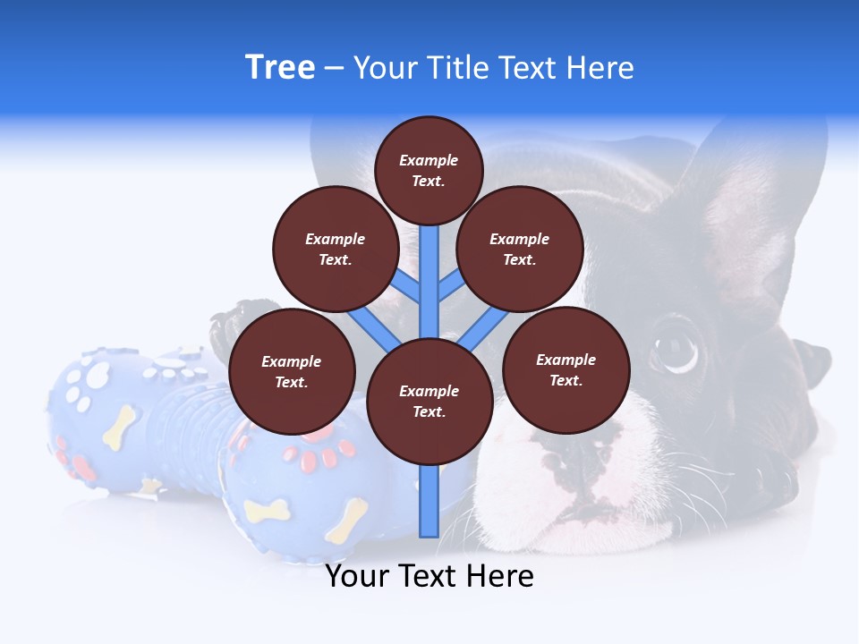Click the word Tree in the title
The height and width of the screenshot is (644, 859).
pos(280,68)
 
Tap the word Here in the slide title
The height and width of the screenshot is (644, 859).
pos(600,68)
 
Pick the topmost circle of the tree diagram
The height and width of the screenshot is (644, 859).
pos(429,170)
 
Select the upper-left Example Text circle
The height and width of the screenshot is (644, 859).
pos(336,249)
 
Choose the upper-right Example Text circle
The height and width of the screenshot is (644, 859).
pos(520,249)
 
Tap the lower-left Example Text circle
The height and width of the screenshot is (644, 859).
pos(292,372)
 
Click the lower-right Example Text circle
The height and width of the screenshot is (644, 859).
pos(566,369)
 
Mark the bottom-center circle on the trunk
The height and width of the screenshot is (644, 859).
pos(429,401)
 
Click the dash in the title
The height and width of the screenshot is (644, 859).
pos(334,68)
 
